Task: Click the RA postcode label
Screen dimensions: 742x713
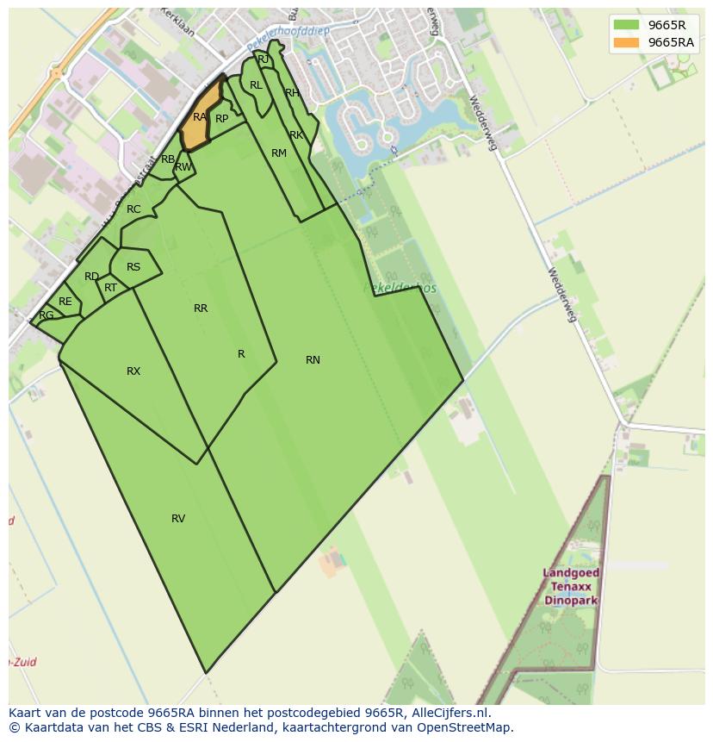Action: tap(200, 117)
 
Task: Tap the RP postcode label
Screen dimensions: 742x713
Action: tap(221, 119)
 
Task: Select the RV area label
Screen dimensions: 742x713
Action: tap(178, 519)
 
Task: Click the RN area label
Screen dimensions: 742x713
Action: tap(313, 360)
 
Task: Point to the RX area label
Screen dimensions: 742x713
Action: tap(133, 371)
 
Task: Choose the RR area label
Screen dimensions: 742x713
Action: tap(201, 309)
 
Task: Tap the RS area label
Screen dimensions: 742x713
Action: tap(133, 267)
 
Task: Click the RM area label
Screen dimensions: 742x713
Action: tap(279, 153)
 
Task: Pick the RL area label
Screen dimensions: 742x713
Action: tap(256, 85)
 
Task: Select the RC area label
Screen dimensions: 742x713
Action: tap(133, 209)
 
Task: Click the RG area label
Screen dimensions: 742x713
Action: tap(46, 315)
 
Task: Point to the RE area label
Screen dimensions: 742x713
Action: tap(65, 302)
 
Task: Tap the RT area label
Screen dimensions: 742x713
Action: tap(110, 288)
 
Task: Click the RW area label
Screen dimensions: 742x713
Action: tap(183, 167)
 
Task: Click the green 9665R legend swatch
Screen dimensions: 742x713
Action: tap(626, 24)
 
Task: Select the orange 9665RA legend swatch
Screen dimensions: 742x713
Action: tap(626, 42)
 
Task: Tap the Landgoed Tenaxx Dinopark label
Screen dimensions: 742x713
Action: tap(571, 586)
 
